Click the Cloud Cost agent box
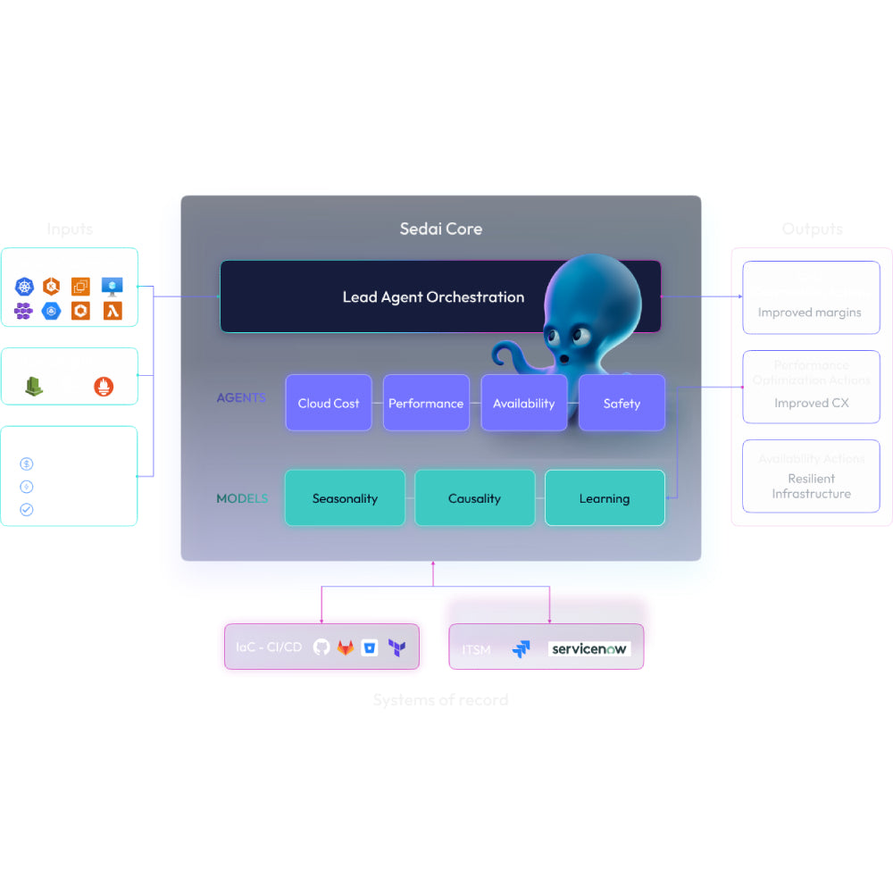329,403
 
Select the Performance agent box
426,403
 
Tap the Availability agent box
523,403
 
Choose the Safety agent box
622,403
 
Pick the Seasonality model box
345,498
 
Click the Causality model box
474,498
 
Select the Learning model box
605,498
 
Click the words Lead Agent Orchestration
433,296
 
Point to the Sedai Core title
440,229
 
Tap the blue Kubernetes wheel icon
24,287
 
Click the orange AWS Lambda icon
112,311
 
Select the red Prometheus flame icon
104,387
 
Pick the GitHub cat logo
321,647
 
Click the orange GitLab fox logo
346,647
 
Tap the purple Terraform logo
396,648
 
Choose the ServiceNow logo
589,649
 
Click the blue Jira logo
522,649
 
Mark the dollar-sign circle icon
27,463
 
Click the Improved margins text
810,313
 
